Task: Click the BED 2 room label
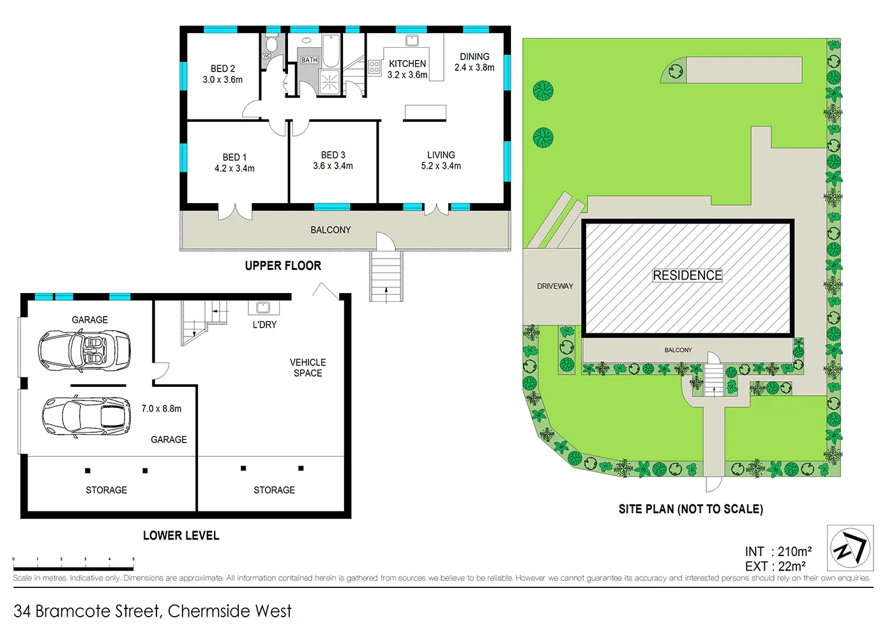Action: pos(223,69)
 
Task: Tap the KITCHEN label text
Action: pos(407,64)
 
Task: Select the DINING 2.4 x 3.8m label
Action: pos(474,62)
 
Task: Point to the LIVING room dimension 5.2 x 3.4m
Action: pos(441,166)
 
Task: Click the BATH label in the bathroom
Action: pos(310,60)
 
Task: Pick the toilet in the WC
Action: pos(271,44)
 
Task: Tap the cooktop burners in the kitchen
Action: pos(374,67)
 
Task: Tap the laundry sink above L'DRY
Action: pos(263,308)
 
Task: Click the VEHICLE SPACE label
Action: pos(308,368)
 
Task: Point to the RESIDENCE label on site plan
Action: pos(687,275)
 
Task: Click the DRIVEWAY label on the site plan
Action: pos(555,286)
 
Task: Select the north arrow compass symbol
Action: pos(850,548)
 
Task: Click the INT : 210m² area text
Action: pos(778,552)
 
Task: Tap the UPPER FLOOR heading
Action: pos(283,266)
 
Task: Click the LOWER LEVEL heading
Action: pos(181,536)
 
